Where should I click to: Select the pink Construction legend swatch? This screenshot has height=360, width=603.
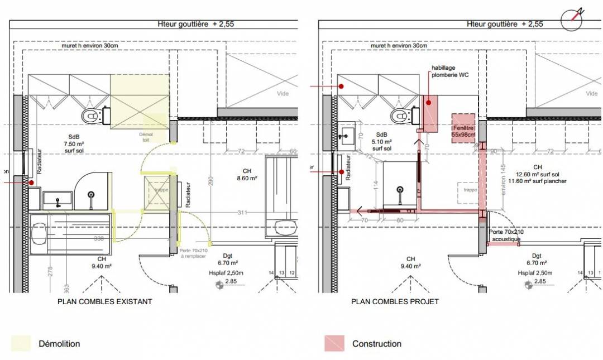[x=334, y=343]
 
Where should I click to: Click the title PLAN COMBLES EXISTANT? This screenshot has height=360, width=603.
[x=105, y=301]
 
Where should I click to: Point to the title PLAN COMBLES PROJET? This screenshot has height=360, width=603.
[x=395, y=301]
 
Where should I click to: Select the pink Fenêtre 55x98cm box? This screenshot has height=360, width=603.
[x=463, y=128]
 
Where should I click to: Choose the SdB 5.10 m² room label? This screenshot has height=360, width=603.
[x=382, y=142]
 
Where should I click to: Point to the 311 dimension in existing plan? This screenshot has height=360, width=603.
[x=241, y=213]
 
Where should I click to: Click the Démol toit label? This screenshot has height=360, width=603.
[x=146, y=137]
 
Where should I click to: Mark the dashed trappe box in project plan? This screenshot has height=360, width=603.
[x=470, y=190]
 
